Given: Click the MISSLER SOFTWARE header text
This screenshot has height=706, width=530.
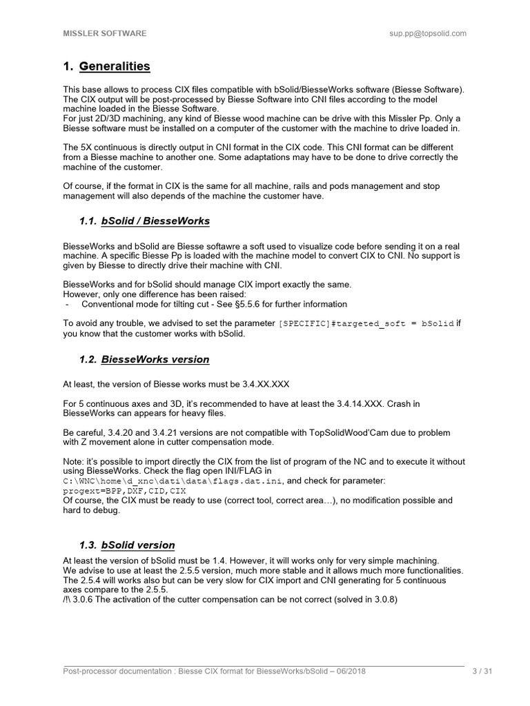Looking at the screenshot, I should click(104, 33).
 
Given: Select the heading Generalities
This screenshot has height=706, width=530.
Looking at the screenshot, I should click(115, 67).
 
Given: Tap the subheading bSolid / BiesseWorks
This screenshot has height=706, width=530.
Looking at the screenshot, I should click(155, 221).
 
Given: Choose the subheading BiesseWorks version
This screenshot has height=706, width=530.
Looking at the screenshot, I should click(155, 359).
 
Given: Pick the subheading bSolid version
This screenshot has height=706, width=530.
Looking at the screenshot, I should click(138, 545).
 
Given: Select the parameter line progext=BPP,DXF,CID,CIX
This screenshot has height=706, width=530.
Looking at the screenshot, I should click(125, 491).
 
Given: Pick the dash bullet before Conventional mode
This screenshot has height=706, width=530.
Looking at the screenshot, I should click(67, 304).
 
